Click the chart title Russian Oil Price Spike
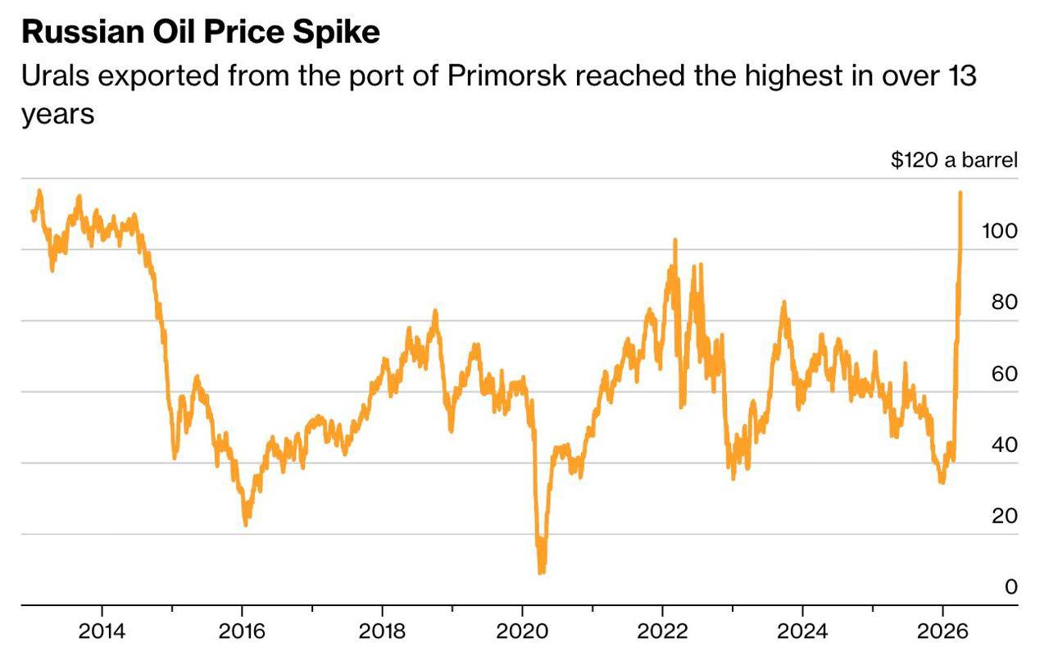click(x=200, y=32)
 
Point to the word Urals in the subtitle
click(x=56, y=76)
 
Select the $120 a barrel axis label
click(x=954, y=159)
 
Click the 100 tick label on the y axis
click(x=999, y=231)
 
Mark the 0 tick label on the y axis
click(x=1010, y=586)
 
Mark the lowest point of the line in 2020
click(x=541, y=572)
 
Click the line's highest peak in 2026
click(x=960, y=193)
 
